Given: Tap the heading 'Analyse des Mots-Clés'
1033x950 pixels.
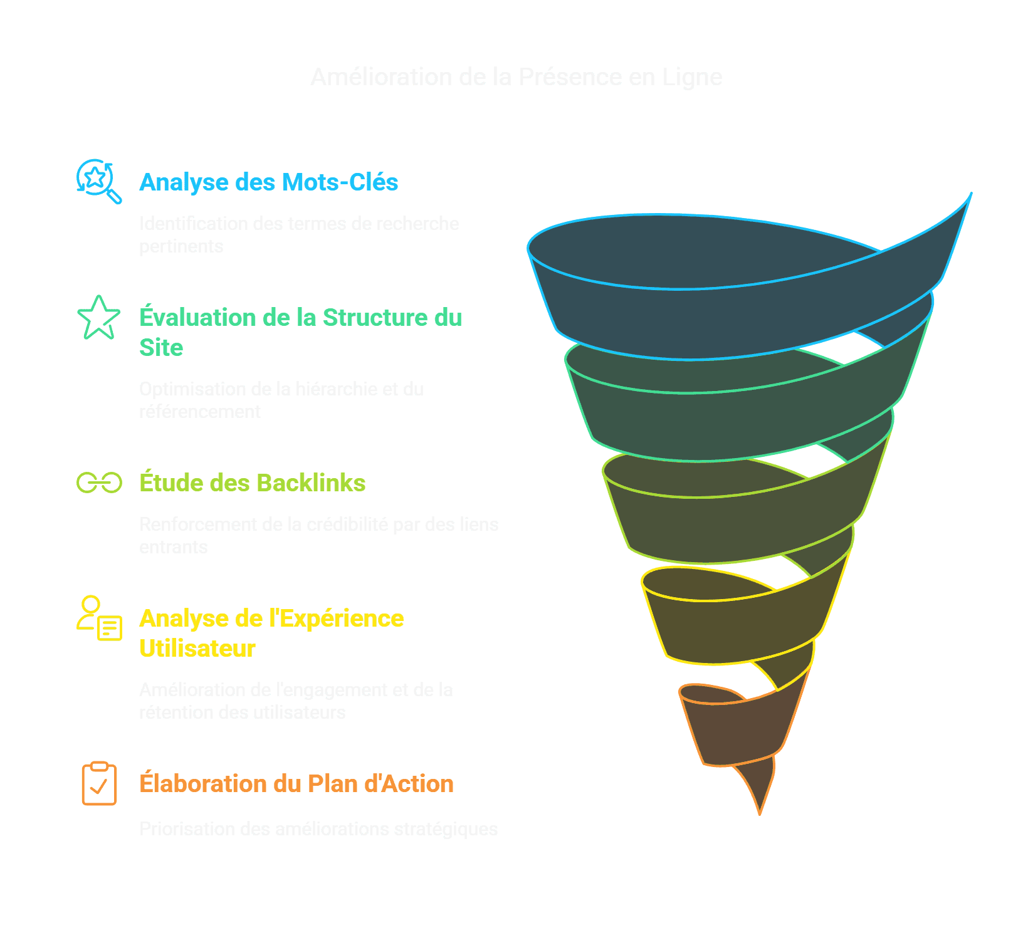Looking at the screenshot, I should click(268, 182).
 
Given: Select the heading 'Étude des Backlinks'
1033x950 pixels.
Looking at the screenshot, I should click(252, 483).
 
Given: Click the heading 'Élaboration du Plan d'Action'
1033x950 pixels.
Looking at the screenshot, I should click(296, 784).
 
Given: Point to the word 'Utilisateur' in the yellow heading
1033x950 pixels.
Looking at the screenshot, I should click(197, 649).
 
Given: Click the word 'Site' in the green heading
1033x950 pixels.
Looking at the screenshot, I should click(161, 348).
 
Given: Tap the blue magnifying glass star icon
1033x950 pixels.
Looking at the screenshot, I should click(98, 180).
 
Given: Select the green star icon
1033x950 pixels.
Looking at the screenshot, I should click(98, 318).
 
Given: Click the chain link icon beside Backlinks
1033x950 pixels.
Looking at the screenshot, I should click(99, 483).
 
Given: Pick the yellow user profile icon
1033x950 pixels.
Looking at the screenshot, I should click(99, 618).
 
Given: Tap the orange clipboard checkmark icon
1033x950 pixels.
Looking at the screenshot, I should click(99, 783).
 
